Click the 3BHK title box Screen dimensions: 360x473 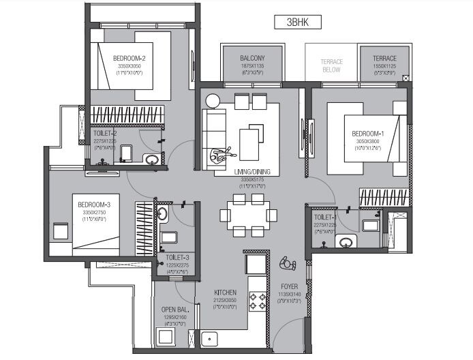(294, 22)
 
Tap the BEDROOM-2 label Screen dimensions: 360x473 (129, 59)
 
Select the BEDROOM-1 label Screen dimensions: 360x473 (368, 134)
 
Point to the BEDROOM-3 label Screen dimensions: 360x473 (93, 205)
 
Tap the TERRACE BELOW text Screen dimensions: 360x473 (331, 65)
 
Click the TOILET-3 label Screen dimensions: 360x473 (176, 258)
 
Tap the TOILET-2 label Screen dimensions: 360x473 (105, 134)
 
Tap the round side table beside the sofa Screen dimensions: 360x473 (212, 101)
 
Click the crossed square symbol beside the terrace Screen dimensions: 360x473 (406, 78)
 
